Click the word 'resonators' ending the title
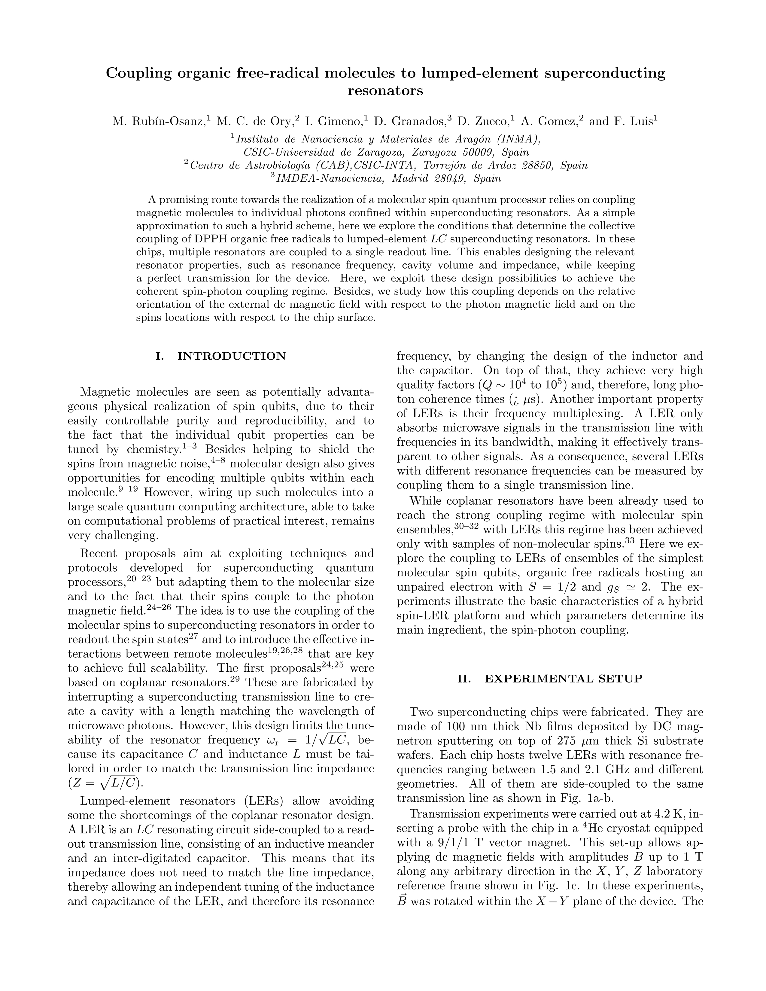385,91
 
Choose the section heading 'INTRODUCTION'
231,356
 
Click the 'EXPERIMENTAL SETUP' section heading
564,679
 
